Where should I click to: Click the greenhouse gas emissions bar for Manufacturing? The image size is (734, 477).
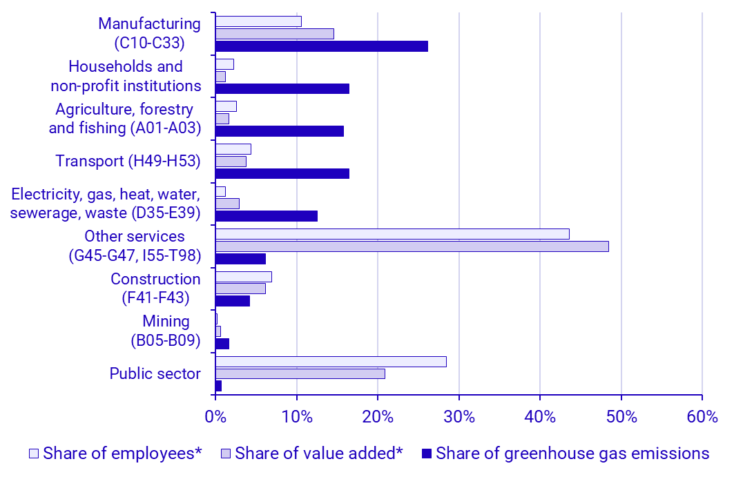pos(321,46)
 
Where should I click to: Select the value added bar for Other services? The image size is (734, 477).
pos(412,246)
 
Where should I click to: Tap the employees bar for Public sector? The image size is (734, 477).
pos(331,362)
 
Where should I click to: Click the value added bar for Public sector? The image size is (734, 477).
pos(300,373)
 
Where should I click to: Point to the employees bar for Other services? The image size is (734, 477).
pos(392,234)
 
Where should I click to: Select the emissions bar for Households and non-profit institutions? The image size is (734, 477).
pos(282,88)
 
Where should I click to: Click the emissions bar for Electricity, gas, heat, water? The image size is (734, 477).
pos(266,216)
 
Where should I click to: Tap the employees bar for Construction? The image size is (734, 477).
pos(243,277)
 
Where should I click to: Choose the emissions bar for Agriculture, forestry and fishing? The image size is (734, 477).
pos(279,131)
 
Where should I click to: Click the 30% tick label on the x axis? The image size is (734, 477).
pos(458,417)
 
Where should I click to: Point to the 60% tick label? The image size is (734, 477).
pos(702,417)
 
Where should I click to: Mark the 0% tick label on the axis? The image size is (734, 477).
pos(215,417)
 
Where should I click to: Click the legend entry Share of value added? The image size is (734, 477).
pos(318,454)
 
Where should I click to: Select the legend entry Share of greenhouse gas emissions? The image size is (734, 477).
pos(572,454)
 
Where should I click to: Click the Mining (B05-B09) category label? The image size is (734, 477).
pos(166,331)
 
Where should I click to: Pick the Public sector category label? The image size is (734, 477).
pos(155,373)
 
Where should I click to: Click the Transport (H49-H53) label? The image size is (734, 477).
pos(128,161)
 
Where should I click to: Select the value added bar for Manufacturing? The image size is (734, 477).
pos(274,34)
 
